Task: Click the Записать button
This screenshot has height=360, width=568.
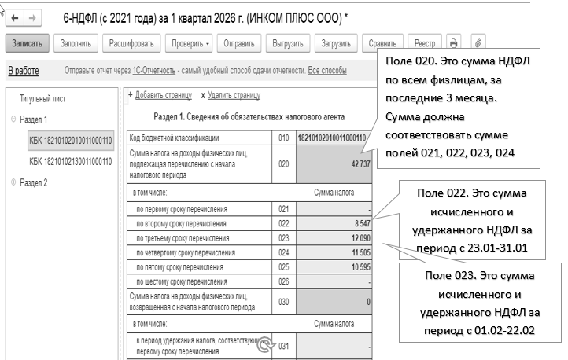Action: pos(28,43)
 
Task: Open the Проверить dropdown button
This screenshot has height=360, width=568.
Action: pos(191,43)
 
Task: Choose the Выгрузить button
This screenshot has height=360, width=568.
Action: pos(287,43)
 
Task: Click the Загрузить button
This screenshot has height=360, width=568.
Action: pos(337,43)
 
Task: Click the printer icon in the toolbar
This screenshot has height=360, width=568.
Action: pos(453,43)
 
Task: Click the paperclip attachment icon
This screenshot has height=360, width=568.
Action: pos(478,43)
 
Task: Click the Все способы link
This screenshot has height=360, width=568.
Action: pos(326,71)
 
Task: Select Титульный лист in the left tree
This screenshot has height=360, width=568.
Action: pos(46,99)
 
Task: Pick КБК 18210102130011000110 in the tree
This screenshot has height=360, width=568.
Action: pos(71,162)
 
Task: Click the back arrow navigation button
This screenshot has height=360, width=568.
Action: pos(11,15)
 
